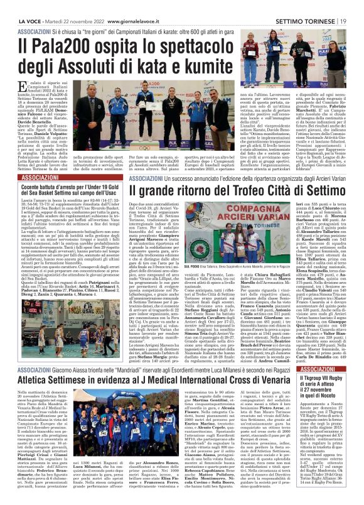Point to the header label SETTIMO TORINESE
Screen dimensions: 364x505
pos(311,6)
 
